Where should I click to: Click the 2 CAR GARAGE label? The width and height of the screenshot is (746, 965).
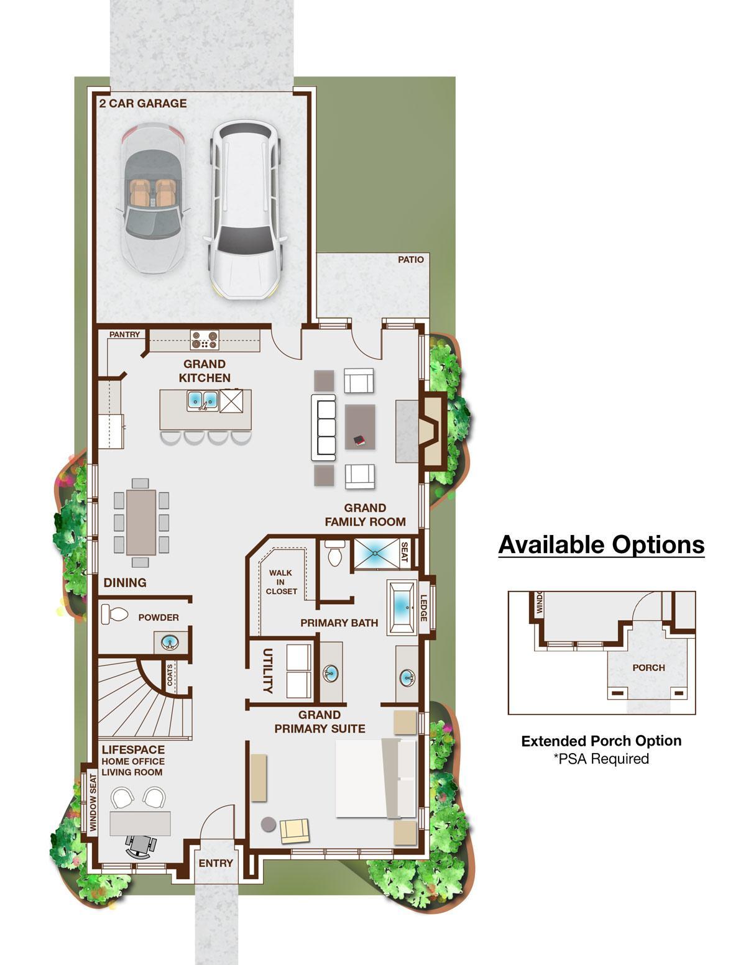(143, 104)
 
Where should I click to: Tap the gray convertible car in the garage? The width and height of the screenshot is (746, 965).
(154, 198)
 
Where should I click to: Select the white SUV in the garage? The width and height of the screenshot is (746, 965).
(246, 209)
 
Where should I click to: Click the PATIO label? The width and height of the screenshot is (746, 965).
(410, 259)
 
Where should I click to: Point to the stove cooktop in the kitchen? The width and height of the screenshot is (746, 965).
(205, 340)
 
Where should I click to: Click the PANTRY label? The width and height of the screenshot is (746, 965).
(124, 334)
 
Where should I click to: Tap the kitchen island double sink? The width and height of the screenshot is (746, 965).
(203, 401)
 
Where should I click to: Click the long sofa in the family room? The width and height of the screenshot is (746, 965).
(323, 428)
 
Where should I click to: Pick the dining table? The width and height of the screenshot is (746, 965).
(141, 522)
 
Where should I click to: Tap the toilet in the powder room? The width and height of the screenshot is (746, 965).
(114, 615)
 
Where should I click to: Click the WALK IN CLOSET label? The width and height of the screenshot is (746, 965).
(281, 582)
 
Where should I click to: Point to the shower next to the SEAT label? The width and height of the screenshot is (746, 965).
(376, 553)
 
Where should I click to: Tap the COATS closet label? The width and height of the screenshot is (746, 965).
(170, 675)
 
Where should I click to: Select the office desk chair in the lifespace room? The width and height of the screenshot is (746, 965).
(141, 846)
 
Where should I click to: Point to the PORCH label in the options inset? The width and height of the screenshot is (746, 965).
(648, 667)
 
